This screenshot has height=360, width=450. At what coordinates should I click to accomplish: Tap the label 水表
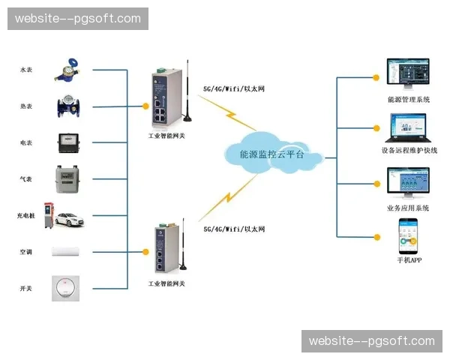coord(25,70)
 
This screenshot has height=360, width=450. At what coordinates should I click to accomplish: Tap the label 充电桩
coord(25,216)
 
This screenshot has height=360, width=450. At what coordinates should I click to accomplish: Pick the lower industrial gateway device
coord(165,250)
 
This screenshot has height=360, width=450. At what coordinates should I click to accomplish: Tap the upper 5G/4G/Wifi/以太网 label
coord(233,88)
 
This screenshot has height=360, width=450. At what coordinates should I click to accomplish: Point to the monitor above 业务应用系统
coord(407,183)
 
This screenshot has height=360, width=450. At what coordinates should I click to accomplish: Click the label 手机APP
coord(408,260)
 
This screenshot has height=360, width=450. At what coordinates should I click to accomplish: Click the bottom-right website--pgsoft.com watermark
coord(371,341)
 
